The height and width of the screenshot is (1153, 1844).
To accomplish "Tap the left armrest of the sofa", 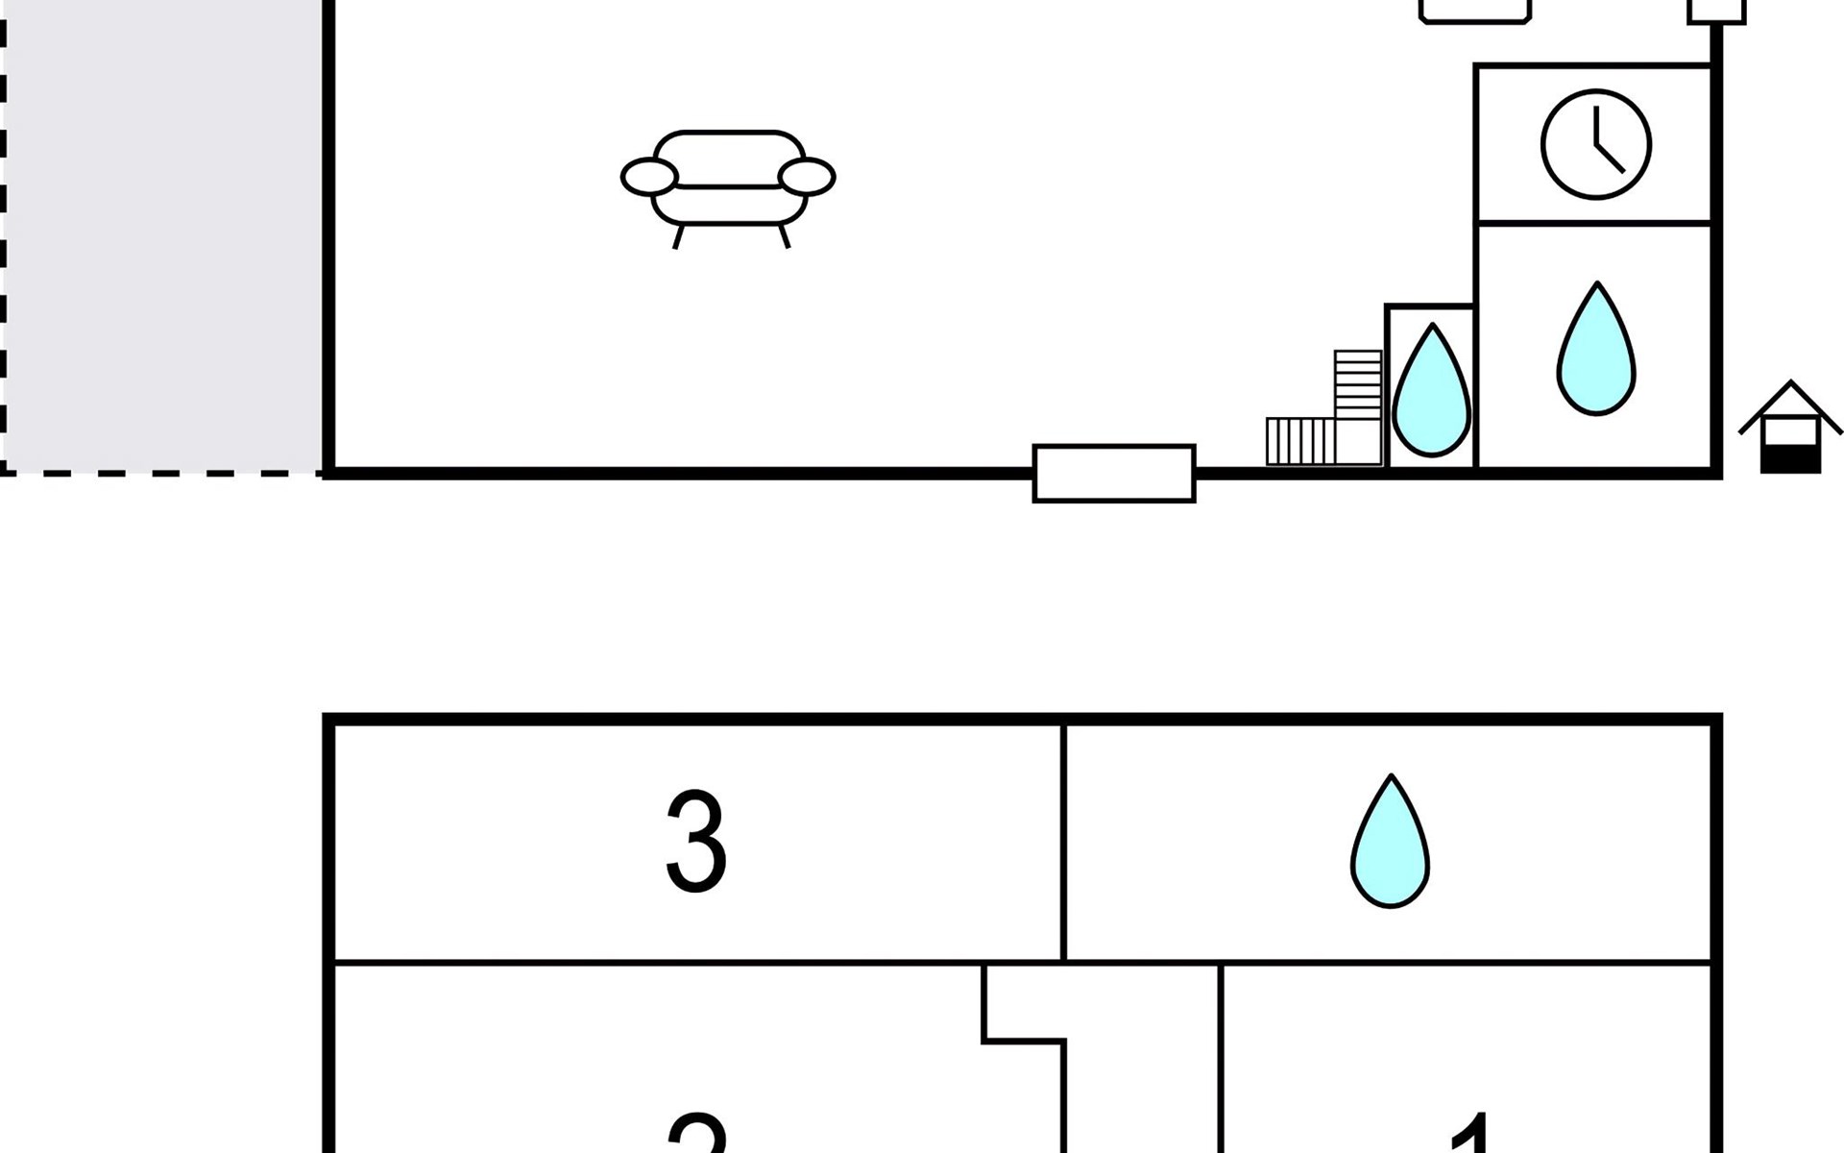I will [649, 177].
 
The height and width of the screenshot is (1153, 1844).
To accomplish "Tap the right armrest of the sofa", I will [807, 177].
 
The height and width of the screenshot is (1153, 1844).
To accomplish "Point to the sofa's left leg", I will [679, 236].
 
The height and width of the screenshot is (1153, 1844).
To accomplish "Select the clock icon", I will [1596, 145].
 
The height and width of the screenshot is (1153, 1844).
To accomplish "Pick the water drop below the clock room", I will [1595, 350].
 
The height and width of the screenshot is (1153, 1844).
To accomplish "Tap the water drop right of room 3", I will [1390, 843].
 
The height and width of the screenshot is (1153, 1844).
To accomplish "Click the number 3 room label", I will [696, 843].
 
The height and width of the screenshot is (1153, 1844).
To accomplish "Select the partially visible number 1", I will [1469, 1134].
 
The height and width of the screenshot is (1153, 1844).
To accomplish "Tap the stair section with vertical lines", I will [1299, 442].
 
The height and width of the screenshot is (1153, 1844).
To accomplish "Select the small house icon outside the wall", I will [1790, 427].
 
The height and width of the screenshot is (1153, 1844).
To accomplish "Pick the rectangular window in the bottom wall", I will [1114, 473].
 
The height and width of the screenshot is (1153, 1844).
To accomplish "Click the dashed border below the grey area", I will [163, 473].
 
